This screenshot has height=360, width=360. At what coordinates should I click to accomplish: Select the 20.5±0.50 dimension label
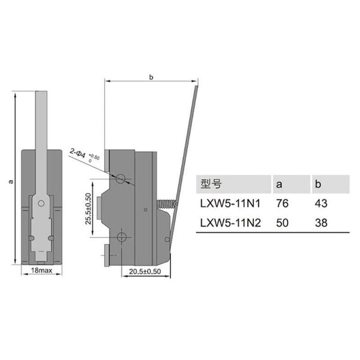tap(145, 272)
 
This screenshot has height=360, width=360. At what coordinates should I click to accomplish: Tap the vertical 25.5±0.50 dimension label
tap(88, 208)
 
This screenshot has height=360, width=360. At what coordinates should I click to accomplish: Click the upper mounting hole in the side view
tap(121, 179)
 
